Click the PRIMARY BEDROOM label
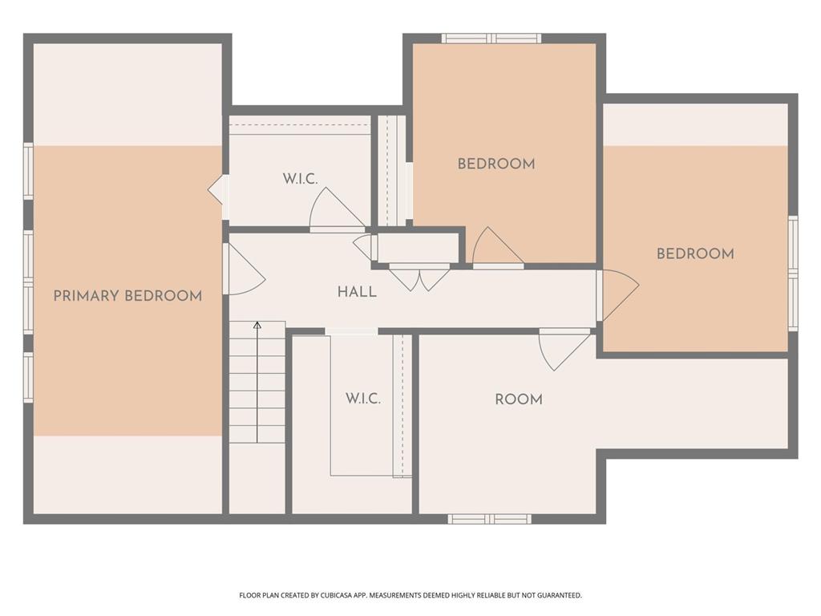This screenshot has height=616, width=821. pos(127,296)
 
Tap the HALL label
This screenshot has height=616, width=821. pos(357,292)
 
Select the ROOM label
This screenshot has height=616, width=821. pos(519,399)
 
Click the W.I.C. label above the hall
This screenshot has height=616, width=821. pos(301,179)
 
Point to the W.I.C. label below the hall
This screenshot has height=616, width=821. pos(363,399)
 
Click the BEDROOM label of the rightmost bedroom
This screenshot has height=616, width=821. pos(695,254)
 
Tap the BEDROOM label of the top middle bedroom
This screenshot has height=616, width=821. pos(496,164)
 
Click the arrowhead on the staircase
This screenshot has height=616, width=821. pos(257,326)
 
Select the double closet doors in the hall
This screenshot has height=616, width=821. pos(419,278)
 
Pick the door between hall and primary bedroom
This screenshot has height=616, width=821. pos(244,269)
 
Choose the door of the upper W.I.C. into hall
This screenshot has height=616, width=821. pos(338,209)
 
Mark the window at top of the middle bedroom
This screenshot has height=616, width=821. pos(491,38)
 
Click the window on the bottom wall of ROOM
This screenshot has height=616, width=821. pos(489,519)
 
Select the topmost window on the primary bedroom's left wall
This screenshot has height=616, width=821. pos(28,171)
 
